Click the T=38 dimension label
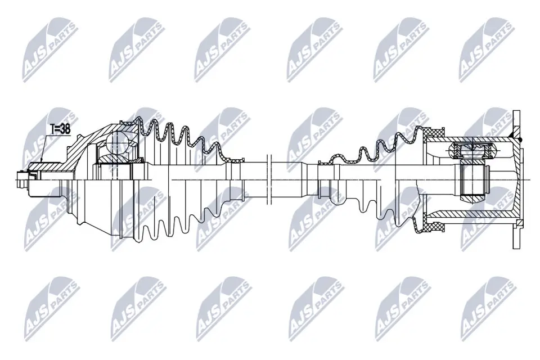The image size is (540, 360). click(60, 129)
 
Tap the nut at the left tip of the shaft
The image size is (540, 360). click(23, 179)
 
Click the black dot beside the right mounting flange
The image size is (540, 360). click(520, 139)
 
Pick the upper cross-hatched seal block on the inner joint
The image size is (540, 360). click(434, 133)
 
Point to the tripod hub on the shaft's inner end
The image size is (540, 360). click(471, 179)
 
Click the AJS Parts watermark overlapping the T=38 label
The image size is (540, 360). click(48, 138)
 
